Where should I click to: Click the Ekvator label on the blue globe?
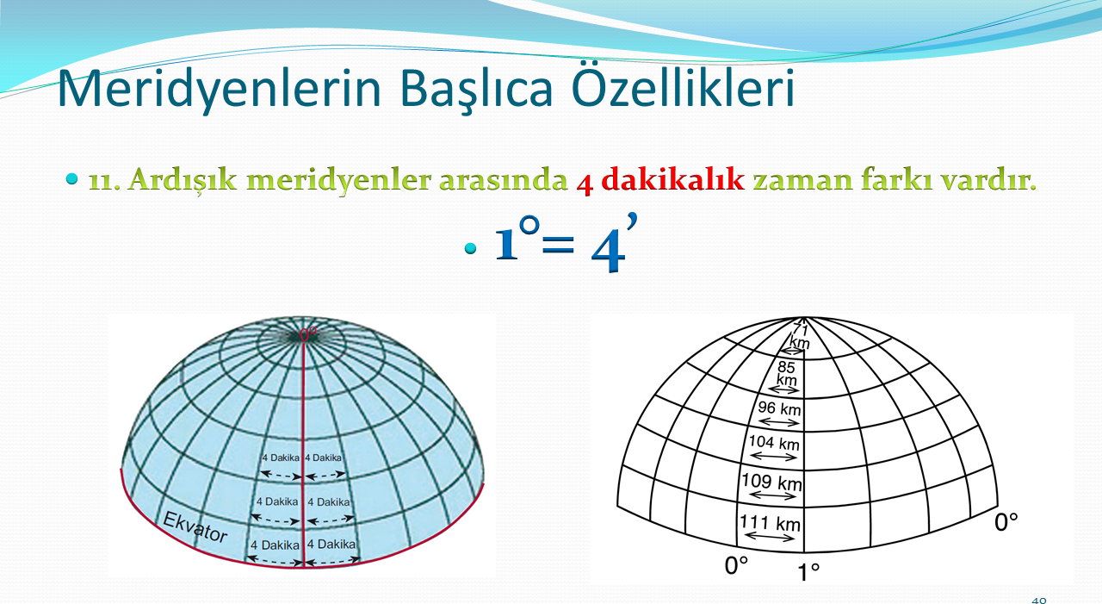point(195,527)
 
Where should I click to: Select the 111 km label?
point(771,523)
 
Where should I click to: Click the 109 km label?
point(771,482)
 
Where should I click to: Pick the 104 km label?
point(774,443)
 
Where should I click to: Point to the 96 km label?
point(779,408)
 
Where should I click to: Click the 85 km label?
point(786,374)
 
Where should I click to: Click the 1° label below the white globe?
point(808,572)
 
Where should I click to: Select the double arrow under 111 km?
point(769,537)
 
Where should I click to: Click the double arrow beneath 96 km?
point(779,422)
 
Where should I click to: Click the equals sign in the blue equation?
point(557,244)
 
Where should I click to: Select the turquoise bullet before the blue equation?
point(470,248)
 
